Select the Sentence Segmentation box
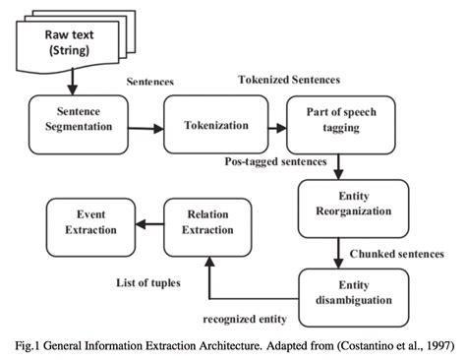[x=72, y=124]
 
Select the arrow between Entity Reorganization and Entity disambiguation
[x=338, y=251]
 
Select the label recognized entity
[x=246, y=320]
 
